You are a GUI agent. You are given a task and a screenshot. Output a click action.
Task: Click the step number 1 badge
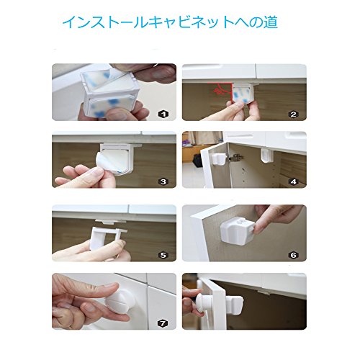163,114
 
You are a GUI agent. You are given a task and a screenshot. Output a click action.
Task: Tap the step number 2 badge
294,114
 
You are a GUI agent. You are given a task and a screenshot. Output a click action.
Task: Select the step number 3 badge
163,181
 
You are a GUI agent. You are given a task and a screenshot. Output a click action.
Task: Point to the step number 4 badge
294,181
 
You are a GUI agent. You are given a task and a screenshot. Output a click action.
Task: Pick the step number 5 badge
163,255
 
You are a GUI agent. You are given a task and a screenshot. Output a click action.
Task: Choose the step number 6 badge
294,255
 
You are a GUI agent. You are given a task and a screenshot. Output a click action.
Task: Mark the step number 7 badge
163,323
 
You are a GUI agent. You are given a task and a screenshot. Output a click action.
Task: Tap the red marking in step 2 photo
220,90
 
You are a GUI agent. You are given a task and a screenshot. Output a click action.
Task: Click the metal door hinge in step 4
235,158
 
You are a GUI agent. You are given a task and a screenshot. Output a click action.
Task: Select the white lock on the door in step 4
220,159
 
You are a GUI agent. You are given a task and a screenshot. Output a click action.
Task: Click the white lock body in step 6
237,230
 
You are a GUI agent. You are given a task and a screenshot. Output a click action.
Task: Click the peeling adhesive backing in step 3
106,164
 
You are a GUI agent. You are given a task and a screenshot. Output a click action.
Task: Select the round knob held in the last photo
203,303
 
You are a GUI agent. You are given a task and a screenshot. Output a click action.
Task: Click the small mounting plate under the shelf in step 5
111,221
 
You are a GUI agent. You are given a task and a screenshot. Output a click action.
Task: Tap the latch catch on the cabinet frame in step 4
267,156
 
